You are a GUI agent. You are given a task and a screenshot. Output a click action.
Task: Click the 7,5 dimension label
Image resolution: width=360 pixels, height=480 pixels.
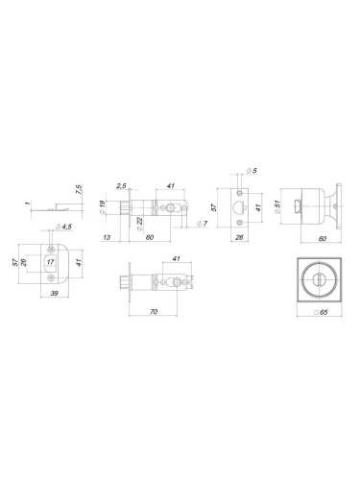[x=79, y=189]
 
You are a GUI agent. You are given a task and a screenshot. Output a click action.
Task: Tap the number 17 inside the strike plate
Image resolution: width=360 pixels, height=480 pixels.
[x=50, y=262]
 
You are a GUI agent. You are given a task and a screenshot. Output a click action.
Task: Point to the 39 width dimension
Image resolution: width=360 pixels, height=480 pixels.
[x=55, y=293]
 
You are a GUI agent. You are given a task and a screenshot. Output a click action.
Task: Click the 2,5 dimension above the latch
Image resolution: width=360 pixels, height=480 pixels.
[x=121, y=186]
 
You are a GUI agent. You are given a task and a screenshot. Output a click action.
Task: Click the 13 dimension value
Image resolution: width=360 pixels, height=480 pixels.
[x=107, y=237]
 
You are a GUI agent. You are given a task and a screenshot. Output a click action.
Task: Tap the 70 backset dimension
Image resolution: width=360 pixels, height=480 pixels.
[x=154, y=311]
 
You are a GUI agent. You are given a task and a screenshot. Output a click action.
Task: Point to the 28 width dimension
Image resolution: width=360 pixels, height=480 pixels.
[x=239, y=237]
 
